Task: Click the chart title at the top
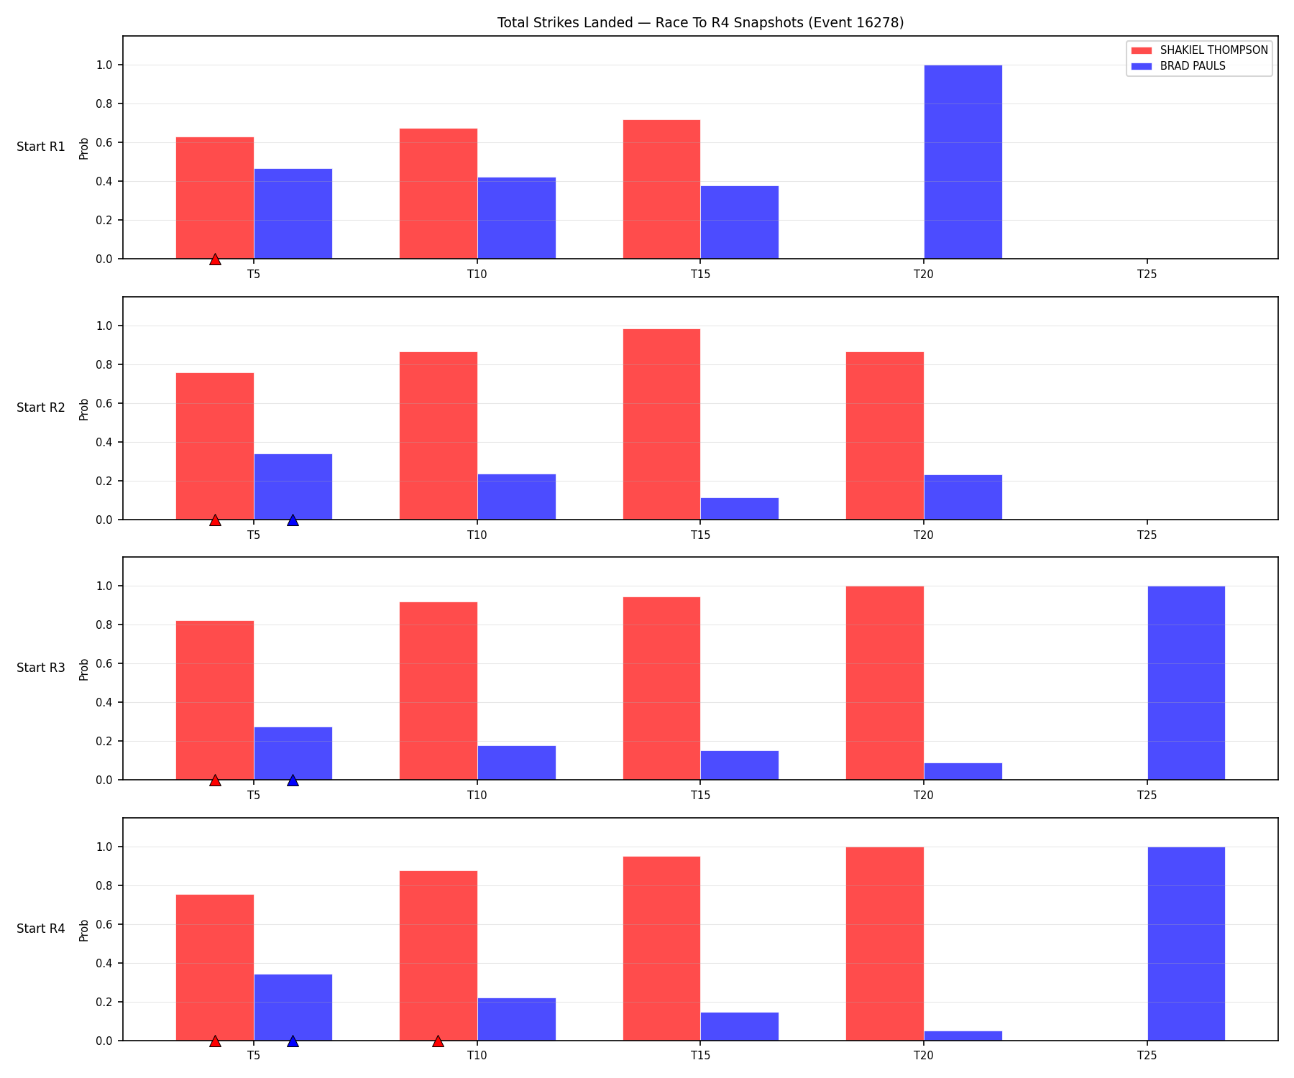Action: click(x=700, y=23)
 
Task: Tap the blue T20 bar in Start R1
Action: click(x=963, y=162)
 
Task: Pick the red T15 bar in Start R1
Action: click(x=661, y=189)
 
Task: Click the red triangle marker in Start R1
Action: click(x=215, y=259)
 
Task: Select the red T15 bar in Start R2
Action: click(x=661, y=424)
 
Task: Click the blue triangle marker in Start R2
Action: click(x=293, y=520)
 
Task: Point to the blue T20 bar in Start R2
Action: click(x=963, y=497)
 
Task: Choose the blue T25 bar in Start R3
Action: click(x=1186, y=683)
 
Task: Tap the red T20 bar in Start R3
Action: click(x=885, y=683)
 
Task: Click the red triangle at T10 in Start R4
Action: click(x=438, y=1041)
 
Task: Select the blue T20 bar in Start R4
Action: click(x=963, y=1036)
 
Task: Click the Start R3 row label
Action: click(x=41, y=668)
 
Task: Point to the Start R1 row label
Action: click(x=41, y=147)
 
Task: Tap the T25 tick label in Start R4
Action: click(x=1147, y=1056)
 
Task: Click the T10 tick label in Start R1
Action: click(x=477, y=274)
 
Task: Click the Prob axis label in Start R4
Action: click(x=84, y=930)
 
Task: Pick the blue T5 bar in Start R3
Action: click(x=293, y=753)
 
